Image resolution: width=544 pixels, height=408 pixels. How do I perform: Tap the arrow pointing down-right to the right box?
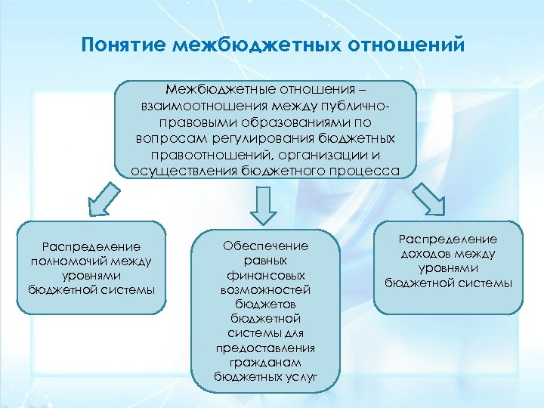pos(428,199)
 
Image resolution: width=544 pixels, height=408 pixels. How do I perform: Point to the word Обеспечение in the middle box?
pos(264,246)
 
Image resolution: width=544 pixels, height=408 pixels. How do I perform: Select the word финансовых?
pos(264,275)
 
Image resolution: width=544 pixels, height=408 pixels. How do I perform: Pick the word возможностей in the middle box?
pos(264,289)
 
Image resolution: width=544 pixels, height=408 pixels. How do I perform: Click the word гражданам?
pos(264,362)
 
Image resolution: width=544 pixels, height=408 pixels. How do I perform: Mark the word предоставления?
pos(264,348)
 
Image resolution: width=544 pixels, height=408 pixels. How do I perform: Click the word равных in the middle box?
pos(264,261)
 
